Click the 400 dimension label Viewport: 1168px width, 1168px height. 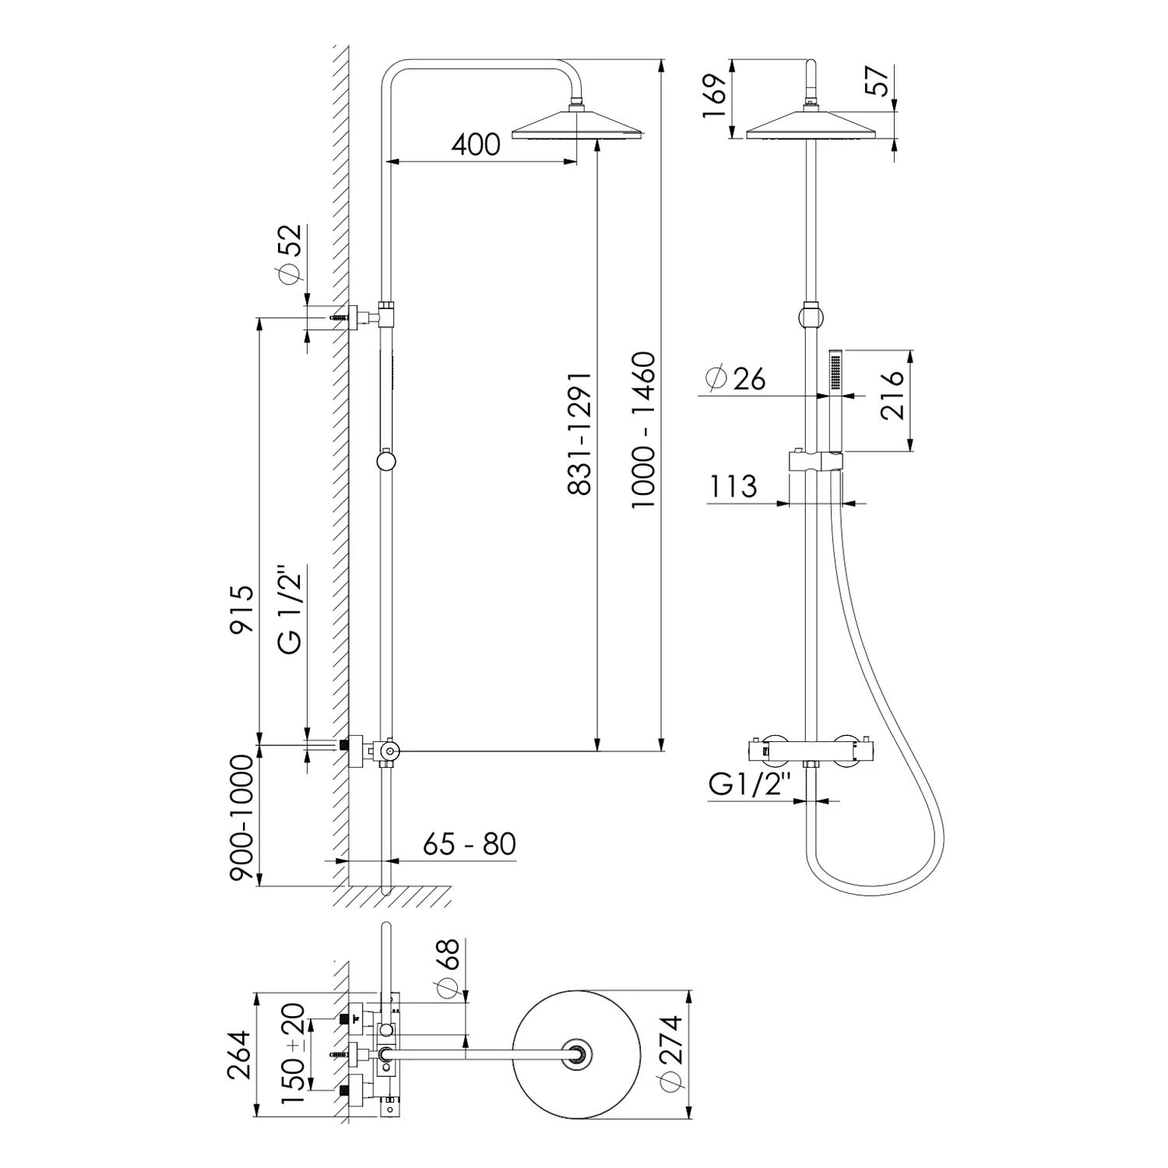click(x=475, y=145)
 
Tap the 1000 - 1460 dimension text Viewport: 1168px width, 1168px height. click(x=644, y=431)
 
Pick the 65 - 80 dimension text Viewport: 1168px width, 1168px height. click(x=470, y=843)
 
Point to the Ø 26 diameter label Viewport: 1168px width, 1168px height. click(x=735, y=378)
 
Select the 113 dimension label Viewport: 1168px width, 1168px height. click(x=733, y=487)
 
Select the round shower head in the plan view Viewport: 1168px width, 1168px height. click(x=578, y=1054)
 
